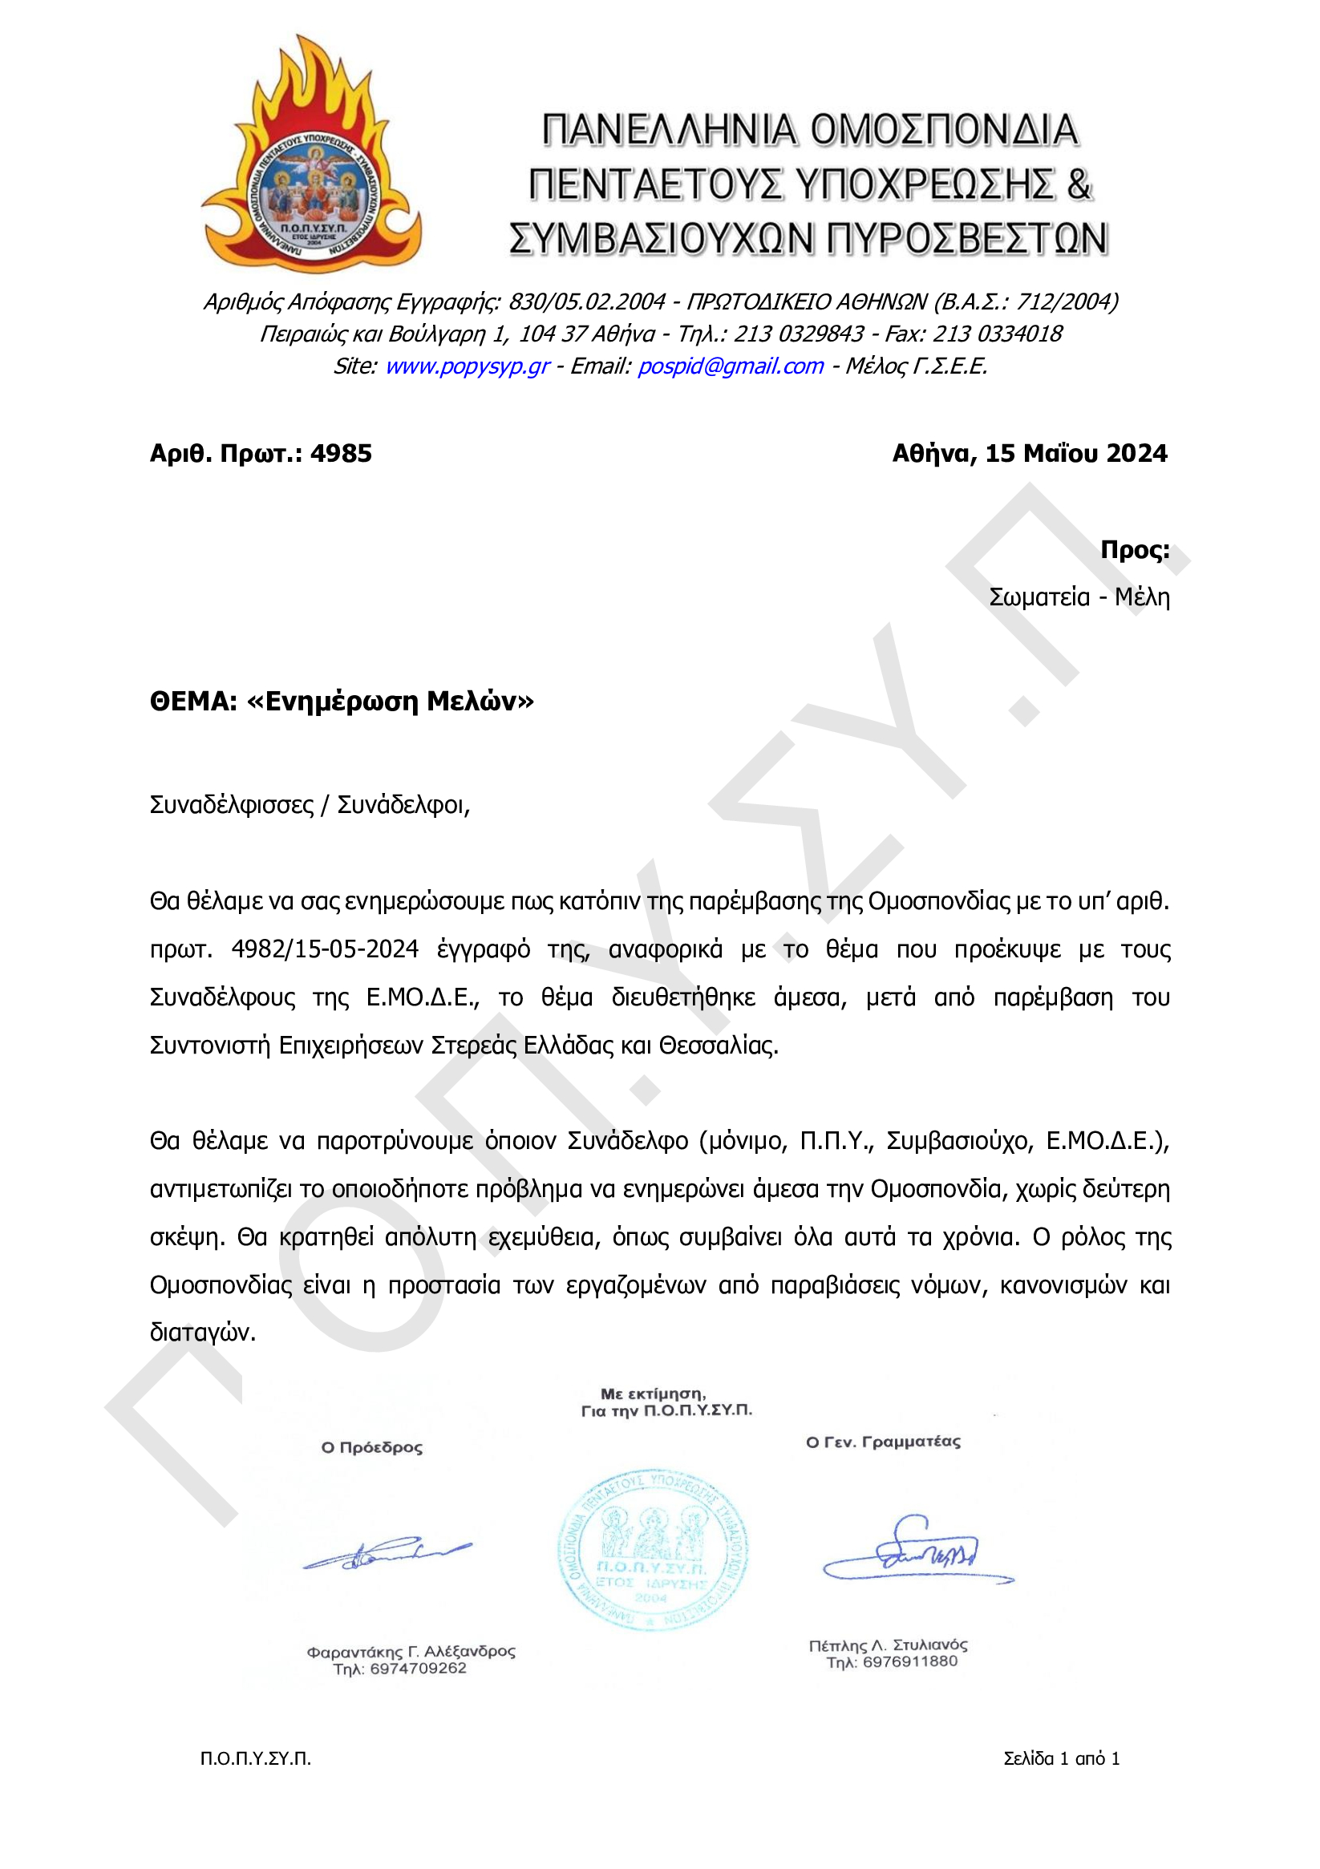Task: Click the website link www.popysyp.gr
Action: click(x=468, y=366)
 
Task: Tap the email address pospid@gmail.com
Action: click(x=730, y=366)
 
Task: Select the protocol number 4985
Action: click(x=341, y=453)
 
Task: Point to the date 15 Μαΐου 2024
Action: click(x=1075, y=453)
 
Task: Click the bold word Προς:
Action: click(x=1134, y=550)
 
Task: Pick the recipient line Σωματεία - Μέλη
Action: click(x=1079, y=597)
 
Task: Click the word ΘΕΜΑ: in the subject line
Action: click(x=193, y=702)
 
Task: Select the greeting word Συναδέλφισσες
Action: click(x=231, y=805)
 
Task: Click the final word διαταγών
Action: click(x=202, y=1333)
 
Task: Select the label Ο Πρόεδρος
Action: click(x=372, y=1447)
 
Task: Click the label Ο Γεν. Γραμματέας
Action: click(x=883, y=1442)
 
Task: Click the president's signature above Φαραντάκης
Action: click(x=387, y=1553)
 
